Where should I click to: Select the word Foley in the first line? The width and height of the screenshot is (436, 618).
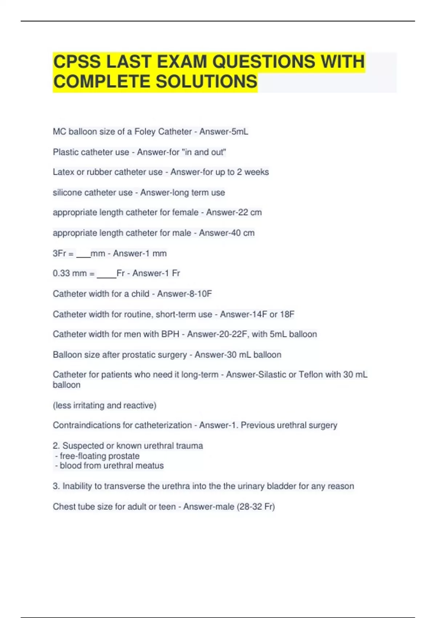[145, 132]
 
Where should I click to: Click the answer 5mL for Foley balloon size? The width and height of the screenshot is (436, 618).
[240, 132]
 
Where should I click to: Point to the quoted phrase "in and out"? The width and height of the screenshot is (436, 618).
[204, 152]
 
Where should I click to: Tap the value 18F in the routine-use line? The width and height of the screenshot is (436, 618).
[287, 314]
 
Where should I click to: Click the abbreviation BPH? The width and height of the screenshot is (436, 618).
[170, 334]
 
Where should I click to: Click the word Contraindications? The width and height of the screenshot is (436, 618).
[86, 425]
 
